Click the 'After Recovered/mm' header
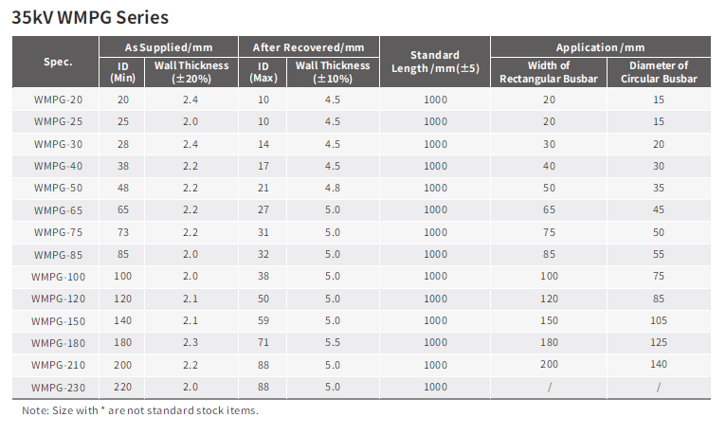(x=309, y=47)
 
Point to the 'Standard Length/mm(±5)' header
(x=435, y=62)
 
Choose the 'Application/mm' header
(x=600, y=47)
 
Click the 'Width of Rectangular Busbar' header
(x=549, y=72)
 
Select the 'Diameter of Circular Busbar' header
(x=659, y=72)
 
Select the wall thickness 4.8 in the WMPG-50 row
(x=332, y=188)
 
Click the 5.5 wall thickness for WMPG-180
(x=332, y=342)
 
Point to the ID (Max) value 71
(x=263, y=342)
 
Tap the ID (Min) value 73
(x=123, y=232)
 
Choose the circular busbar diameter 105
(x=659, y=320)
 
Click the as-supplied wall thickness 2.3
(x=190, y=342)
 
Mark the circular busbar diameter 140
(x=659, y=365)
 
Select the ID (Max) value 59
(x=263, y=320)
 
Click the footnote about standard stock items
(x=140, y=410)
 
